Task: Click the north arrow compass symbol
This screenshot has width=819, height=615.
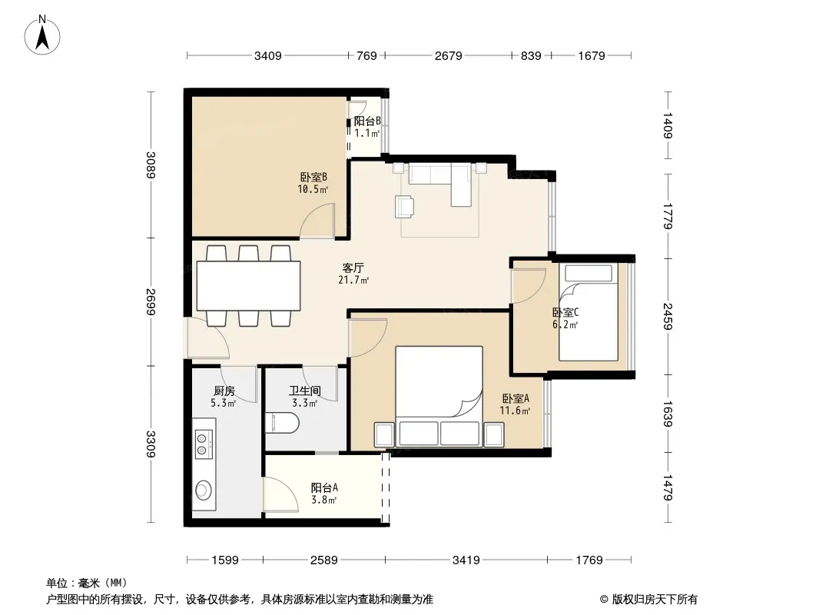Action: click(42, 35)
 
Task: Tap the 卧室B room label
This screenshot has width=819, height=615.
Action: click(313, 177)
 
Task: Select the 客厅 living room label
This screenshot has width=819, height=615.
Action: click(353, 268)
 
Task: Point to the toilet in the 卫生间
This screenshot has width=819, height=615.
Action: click(282, 424)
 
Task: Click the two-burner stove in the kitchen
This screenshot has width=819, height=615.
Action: click(204, 444)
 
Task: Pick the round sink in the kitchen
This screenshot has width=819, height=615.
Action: click(204, 490)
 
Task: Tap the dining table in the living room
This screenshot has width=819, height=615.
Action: click(248, 286)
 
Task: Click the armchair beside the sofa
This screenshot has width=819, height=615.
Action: click(405, 206)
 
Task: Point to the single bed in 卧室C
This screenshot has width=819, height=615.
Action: click(589, 312)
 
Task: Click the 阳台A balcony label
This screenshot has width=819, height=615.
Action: click(324, 487)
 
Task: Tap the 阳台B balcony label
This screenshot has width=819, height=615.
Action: click(367, 121)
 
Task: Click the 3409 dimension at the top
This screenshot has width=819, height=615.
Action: click(268, 55)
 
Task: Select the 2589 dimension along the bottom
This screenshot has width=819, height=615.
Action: click(324, 560)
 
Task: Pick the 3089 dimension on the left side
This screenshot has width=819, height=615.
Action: click(151, 165)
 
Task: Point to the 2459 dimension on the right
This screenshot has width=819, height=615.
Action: click(668, 317)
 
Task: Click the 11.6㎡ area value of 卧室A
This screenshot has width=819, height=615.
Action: click(515, 411)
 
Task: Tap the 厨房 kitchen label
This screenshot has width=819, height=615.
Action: click(224, 391)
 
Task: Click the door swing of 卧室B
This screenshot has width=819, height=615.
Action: click(317, 221)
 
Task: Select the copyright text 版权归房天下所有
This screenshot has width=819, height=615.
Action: click(654, 600)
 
